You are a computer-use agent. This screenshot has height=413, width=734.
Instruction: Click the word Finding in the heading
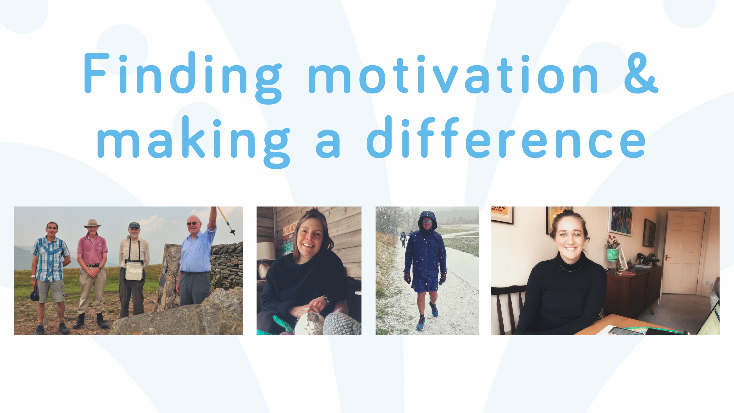tap(183, 78)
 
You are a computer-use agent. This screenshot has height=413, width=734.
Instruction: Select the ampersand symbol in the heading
tap(641, 73)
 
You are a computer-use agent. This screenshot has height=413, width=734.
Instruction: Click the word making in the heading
tap(194, 142)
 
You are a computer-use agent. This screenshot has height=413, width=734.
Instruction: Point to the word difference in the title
tap(506, 137)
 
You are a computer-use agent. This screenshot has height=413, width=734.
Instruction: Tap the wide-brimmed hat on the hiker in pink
tap(92, 223)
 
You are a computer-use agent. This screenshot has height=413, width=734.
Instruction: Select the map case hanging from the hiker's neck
tap(134, 270)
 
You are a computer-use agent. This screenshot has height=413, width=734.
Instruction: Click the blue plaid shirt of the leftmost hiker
tap(50, 259)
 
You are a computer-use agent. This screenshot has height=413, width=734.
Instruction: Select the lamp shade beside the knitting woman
tap(266, 251)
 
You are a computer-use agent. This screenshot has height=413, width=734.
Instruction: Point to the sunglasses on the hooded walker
tap(427, 221)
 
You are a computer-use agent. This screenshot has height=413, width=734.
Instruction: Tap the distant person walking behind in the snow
tap(403, 239)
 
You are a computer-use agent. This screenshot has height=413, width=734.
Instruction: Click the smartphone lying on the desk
tap(626, 331)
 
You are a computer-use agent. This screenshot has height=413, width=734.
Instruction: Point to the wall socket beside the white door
tap(709, 283)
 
